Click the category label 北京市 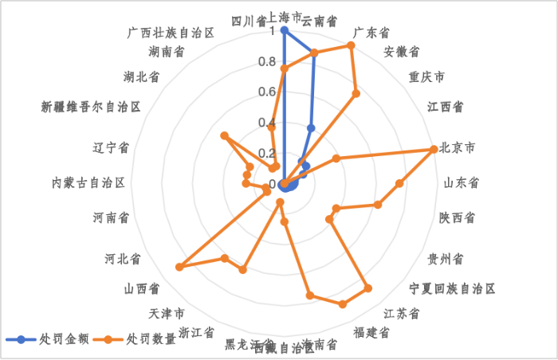[458, 148]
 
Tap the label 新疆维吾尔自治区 [91, 106]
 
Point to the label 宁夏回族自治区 [452, 288]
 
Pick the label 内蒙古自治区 [88, 182]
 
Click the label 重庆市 [426, 77]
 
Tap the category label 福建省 [372, 331]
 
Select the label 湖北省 [141, 77]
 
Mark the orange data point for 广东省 [351, 45]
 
